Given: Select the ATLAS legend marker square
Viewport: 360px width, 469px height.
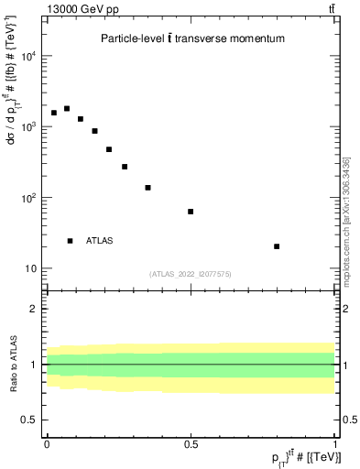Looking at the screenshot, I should pyautogui.click(x=70, y=241).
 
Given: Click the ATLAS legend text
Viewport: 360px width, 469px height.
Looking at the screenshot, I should pyautogui.click(x=100, y=241).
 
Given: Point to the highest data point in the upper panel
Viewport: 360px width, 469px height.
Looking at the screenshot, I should pyautogui.click(x=67, y=108).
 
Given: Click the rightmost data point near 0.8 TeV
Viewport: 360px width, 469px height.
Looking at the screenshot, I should pyautogui.click(x=277, y=246).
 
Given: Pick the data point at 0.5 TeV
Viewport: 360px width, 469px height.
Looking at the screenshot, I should pyautogui.click(x=191, y=212).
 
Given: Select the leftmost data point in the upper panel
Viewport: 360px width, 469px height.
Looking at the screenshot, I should pyautogui.click(x=54, y=113).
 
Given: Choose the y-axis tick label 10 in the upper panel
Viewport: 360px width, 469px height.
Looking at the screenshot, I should pyautogui.click(x=31, y=268).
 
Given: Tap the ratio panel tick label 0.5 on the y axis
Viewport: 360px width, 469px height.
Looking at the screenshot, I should pyautogui.click(x=31, y=420).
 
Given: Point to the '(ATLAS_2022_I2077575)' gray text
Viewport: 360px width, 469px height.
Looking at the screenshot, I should pyautogui.click(x=191, y=273).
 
